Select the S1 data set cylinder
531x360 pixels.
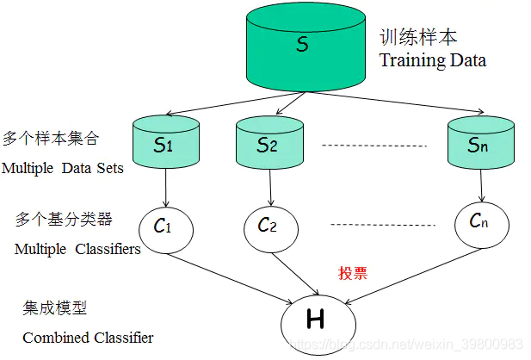click(164, 144)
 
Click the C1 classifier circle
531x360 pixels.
click(164, 228)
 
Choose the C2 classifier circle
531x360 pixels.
click(268, 227)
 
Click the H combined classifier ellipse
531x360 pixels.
click(316, 321)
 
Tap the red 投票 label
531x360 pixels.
click(353, 273)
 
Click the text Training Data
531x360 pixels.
click(433, 61)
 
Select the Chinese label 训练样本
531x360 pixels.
click(418, 38)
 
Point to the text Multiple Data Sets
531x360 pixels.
click(63, 168)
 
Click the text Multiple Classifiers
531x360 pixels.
click(77, 249)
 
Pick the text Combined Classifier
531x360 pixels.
click(88, 338)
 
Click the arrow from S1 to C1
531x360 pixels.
click(164, 184)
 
